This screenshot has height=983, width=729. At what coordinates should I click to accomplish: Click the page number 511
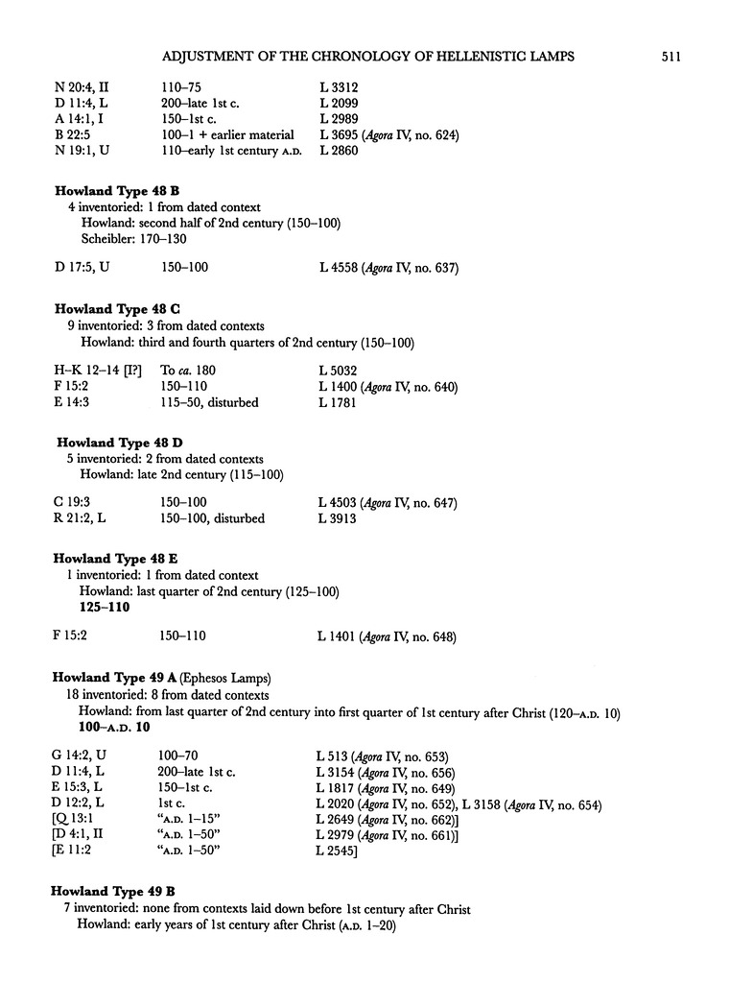click(x=670, y=57)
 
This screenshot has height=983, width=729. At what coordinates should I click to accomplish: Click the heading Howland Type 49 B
click(x=113, y=892)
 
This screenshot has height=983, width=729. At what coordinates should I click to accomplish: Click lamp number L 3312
click(x=339, y=87)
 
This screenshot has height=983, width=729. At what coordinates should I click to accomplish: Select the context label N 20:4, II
click(x=82, y=87)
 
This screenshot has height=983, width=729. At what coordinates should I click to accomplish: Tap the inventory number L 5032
click(x=339, y=371)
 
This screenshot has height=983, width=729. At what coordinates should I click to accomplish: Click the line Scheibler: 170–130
click(x=135, y=239)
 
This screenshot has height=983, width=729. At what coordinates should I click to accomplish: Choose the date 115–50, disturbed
click(x=209, y=403)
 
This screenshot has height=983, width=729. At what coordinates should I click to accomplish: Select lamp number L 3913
click(x=338, y=519)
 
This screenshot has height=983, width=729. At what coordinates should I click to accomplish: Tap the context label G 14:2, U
click(x=82, y=755)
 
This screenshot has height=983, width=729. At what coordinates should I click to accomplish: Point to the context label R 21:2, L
click(x=83, y=519)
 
